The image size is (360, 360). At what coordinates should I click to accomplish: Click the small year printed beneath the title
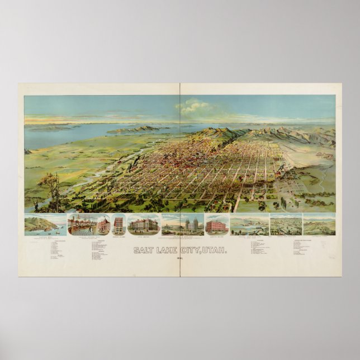pos(180,258)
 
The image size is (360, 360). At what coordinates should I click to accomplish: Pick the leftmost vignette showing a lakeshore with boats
pos(45,224)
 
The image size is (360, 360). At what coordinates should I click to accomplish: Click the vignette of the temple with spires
pos(182,224)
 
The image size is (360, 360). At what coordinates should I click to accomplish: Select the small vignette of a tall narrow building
pos(119,224)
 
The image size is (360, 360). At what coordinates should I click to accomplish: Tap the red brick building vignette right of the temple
pos(217,225)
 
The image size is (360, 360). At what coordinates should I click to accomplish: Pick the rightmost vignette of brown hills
pos(319,224)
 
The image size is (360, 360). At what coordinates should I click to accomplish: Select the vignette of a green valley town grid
pos(285,224)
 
